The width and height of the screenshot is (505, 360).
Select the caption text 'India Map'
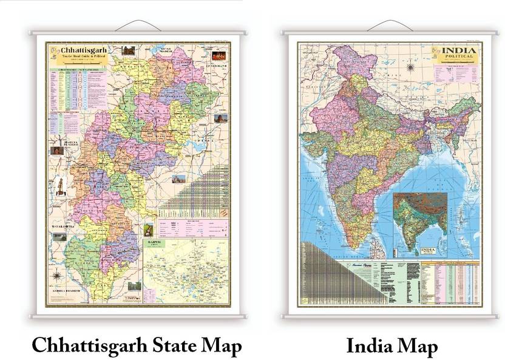pyautogui.click(x=391, y=346)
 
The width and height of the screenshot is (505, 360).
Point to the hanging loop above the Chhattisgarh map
pyautogui.click(x=137, y=25)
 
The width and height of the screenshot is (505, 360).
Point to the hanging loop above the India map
pyautogui.click(x=390, y=25)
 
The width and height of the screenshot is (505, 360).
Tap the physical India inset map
pyautogui.click(x=419, y=222)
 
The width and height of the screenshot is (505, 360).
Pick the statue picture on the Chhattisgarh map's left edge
pyautogui.click(x=60, y=184)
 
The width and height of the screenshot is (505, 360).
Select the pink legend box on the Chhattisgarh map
pyautogui.click(x=192, y=227)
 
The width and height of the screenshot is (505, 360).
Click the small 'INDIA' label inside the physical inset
pyautogui.click(x=428, y=250)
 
